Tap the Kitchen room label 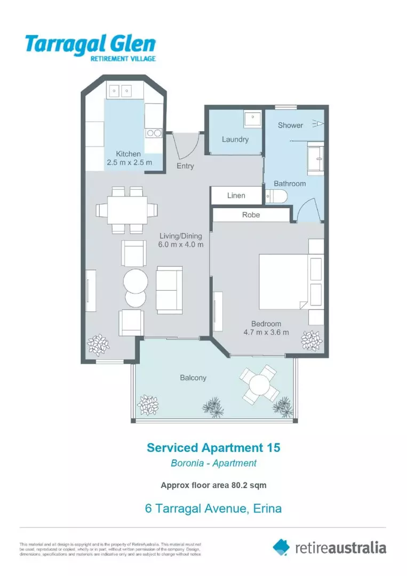click(x=129, y=154)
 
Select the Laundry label click(x=235, y=139)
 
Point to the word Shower click(x=290, y=125)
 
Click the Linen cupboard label click(x=236, y=196)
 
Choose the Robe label click(x=251, y=214)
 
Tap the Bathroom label click(x=290, y=183)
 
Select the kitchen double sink click(x=121, y=91)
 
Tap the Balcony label click(x=193, y=378)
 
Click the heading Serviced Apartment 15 click(x=213, y=447)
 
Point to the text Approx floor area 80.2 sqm click(x=213, y=485)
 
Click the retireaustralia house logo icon click(x=281, y=547)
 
